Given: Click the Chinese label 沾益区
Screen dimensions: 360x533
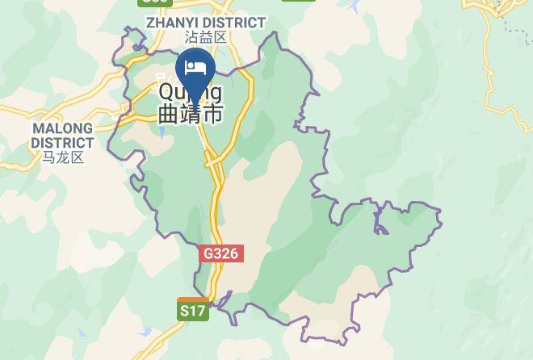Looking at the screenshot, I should [x=205, y=37].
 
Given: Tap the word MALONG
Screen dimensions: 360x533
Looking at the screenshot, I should [x=62, y=128].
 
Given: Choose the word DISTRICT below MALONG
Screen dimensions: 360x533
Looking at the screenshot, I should [x=62, y=143].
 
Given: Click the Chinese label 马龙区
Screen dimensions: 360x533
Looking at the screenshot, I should [x=63, y=157].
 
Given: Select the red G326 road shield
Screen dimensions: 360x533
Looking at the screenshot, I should [x=220, y=253].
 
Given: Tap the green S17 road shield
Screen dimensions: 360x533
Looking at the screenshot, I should [x=193, y=309].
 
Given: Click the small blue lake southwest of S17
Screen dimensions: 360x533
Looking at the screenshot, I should [x=145, y=332].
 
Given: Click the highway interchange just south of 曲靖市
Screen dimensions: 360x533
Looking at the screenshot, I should [x=213, y=160].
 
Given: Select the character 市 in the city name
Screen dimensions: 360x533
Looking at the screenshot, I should [x=212, y=114].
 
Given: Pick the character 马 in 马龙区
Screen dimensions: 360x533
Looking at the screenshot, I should [x=49, y=157].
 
